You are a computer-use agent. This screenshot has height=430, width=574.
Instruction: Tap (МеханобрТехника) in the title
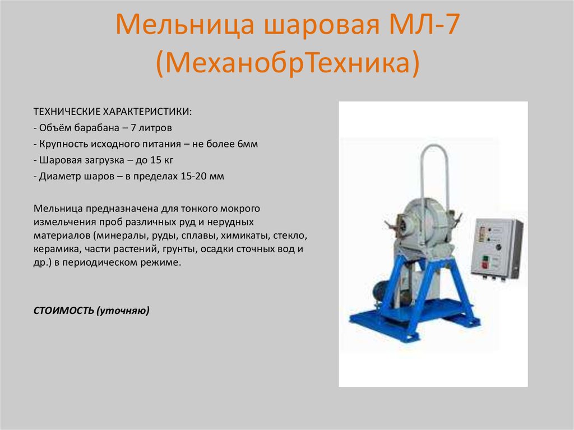pos(288,63)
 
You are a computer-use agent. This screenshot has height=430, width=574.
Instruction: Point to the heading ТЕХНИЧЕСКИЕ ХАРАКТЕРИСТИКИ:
pos(112,111)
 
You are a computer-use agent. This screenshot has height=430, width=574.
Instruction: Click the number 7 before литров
pos(133,127)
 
